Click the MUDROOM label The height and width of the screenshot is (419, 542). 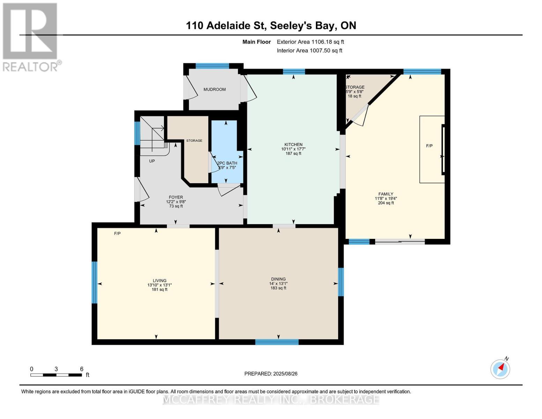pos(214,89)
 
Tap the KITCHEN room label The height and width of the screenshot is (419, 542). pos(293,145)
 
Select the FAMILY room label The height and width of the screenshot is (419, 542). pos(386,194)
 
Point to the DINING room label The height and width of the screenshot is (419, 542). pos(278,279)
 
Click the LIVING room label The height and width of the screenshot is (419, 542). pos(159,281)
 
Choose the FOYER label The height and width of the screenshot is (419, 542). pos(176,197)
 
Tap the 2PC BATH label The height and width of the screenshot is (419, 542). pos(227,163)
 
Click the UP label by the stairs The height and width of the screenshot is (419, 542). pos(152,161)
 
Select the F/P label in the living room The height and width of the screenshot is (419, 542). pos(117,233)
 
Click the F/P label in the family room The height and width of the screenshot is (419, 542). pos(429,146)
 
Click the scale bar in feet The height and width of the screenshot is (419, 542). pos(56,375)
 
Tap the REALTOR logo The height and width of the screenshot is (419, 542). pos(31,37)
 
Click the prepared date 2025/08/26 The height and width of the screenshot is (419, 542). pos(271,374)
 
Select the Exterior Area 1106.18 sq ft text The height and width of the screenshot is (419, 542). pos(310,42)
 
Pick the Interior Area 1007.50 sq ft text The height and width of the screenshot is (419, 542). pos(309,51)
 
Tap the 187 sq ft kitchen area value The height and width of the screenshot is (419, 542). pos(293,154)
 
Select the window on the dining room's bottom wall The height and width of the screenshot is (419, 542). pos(277,342)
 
